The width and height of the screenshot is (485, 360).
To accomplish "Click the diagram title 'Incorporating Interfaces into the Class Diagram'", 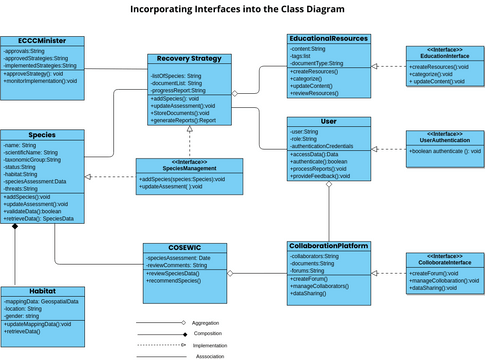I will [x=242, y=10].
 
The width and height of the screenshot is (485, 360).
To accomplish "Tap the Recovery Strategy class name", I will [x=190, y=60].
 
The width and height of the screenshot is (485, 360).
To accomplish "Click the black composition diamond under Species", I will [x=15, y=226].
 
